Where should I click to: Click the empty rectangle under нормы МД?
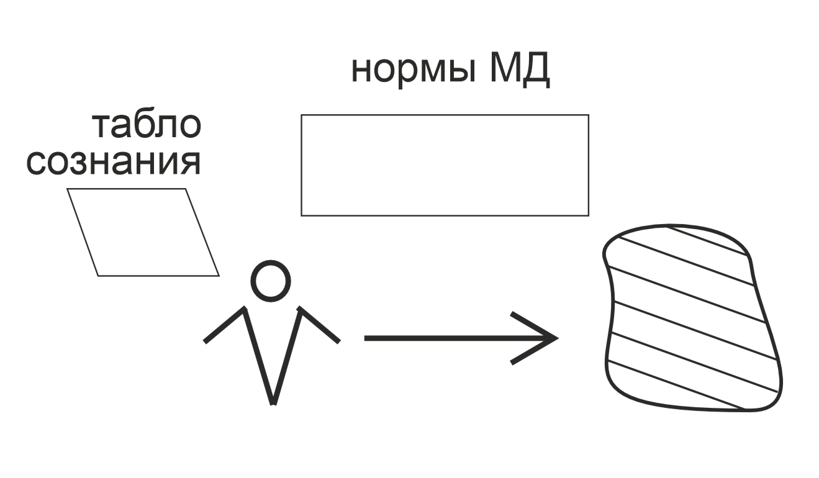(x=445, y=165)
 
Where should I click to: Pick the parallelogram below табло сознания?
(x=143, y=232)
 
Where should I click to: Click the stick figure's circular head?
(x=270, y=281)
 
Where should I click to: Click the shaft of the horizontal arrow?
(x=447, y=338)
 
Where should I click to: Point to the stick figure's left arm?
(x=225, y=325)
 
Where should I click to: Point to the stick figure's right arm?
(x=320, y=325)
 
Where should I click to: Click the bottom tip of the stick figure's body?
(x=273, y=402)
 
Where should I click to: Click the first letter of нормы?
(x=361, y=73)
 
